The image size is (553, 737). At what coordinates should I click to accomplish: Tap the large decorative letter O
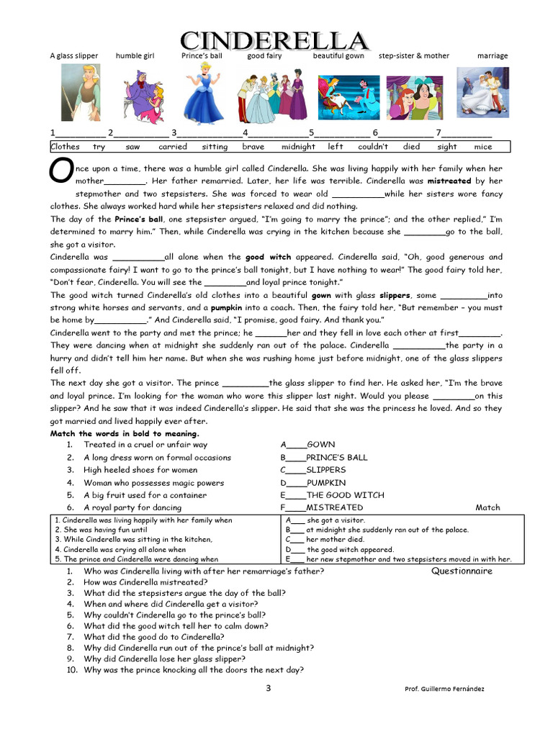(60, 171)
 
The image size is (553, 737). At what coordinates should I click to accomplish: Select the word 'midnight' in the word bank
(298, 147)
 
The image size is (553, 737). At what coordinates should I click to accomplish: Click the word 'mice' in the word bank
(483, 147)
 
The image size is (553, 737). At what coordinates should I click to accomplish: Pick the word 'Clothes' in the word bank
(65, 147)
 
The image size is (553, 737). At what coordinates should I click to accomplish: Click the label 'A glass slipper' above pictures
(73, 56)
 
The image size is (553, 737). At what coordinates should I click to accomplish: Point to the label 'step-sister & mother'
(413, 56)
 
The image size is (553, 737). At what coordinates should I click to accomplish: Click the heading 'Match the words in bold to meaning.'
(125, 434)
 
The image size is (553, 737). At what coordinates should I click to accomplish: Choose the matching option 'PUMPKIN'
(325, 483)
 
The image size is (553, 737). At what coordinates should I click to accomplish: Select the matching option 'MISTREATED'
(334, 507)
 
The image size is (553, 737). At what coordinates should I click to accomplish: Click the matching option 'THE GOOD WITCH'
(345, 495)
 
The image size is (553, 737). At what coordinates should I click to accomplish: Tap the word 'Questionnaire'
(462, 571)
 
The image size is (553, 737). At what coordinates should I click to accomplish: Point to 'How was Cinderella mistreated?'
(145, 582)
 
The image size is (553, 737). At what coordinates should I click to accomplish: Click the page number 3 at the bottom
(269, 688)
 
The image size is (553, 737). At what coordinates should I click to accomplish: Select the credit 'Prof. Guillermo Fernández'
(445, 689)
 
